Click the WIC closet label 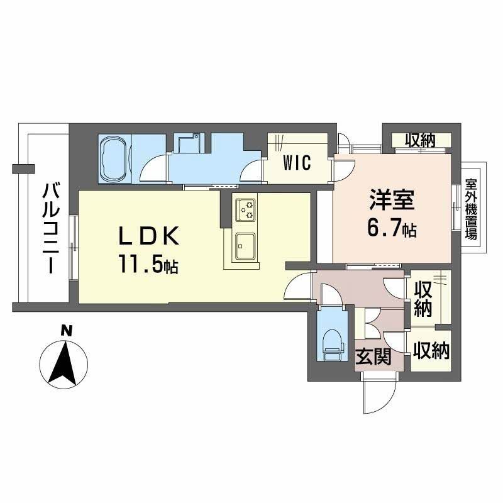coord(296,163)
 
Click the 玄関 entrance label coord(373,357)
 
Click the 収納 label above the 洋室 coord(420,141)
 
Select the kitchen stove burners coord(246,209)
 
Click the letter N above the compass coord(65,329)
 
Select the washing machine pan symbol coord(188,144)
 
